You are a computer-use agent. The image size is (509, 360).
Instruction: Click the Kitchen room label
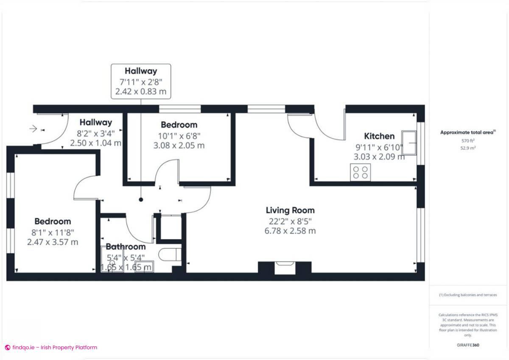(x=379, y=136)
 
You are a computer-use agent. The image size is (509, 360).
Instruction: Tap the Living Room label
(x=290, y=210)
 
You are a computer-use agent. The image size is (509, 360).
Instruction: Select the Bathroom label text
(x=126, y=246)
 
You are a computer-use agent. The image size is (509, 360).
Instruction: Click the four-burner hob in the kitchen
(x=360, y=172)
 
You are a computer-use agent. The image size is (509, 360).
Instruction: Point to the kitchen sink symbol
(x=409, y=143)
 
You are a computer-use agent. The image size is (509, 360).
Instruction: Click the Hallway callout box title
(x=141, y=71)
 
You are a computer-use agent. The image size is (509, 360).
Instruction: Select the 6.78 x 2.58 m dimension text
(x=290, y=231)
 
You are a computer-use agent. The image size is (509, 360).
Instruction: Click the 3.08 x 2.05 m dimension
(x=179, y=145)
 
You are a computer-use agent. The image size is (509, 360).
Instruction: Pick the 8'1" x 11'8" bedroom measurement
(x=53, y=232)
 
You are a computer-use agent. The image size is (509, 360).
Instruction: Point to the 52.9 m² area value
(x=467, y=148)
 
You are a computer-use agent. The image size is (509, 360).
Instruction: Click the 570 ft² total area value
(x=467, y=141)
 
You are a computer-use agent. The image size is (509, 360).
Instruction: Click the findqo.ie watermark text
(x=54, y=347)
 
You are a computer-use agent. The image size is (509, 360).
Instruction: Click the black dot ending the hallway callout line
(x=141, y=199)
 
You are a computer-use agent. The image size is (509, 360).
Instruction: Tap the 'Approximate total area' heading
(x=467, y=132)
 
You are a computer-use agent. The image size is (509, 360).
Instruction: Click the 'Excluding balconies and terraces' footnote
(x=467, y=295)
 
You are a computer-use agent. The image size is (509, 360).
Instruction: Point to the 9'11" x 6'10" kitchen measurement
(x=379, y=147)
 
